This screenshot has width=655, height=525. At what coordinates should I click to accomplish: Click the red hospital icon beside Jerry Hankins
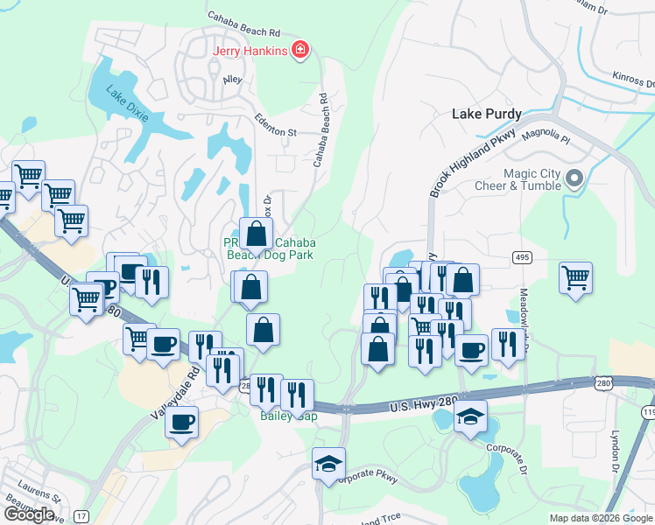(x=300, y=50)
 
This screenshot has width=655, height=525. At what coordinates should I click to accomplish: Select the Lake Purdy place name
(x=486, y=114)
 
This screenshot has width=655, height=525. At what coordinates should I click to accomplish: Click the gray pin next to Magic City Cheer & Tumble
(x=574, y=178)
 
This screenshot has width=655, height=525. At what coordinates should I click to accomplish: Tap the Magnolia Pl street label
(x=546, y=138)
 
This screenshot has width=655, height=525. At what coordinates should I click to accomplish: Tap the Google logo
(x=29, y=514)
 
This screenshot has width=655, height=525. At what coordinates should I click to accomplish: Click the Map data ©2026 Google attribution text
(x=600, y=518)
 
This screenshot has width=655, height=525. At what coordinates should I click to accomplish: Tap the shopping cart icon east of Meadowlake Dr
(x=575, y=278)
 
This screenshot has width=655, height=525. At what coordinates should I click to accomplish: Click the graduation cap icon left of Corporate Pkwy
(x=328, y=464)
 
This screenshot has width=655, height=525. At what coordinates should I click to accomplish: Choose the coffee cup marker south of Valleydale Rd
(x=181, y=423)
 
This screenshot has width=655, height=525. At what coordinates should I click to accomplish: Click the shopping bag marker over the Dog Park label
(x=257, y=234)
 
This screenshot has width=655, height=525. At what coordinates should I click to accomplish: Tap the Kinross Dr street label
(x=633, y=80)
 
